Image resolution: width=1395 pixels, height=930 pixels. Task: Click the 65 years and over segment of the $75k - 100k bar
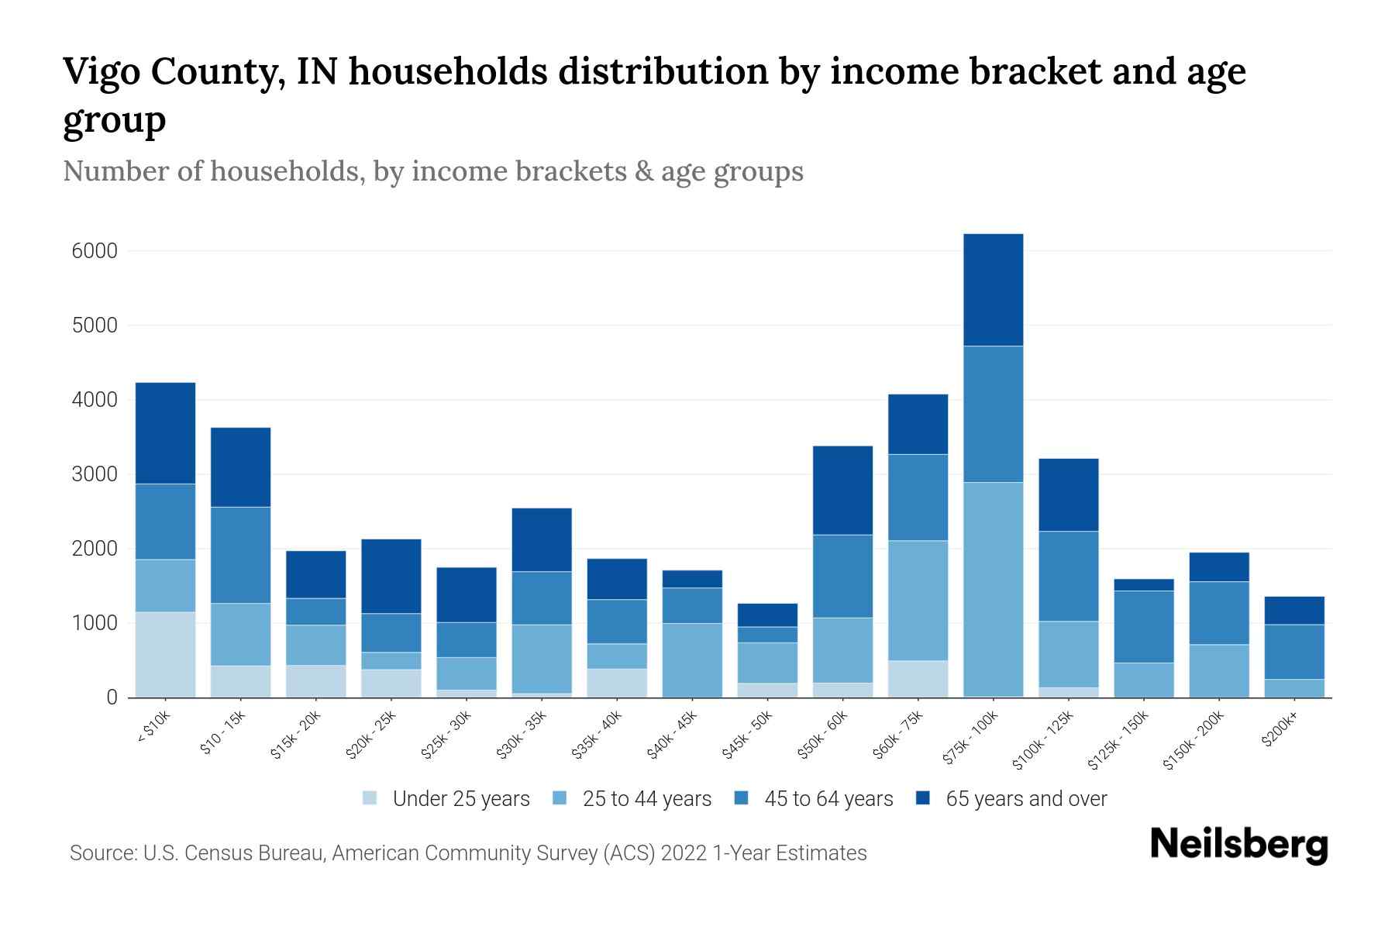pyautogui.click(x=993, y=290)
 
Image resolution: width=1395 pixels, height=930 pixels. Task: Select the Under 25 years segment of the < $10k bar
pyautogui.click(x=165, y=655)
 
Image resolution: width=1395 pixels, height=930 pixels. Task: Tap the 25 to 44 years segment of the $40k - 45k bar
pyautogui.click(x=692, y=660)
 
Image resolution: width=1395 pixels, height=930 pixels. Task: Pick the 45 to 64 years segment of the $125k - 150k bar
pyautogui.click(x=1143, y=627)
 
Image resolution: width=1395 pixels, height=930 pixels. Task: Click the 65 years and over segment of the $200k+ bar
pyautogui.click(x=1294, y=611)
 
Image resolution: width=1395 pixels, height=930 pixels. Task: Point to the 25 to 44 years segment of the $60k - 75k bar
pyautogui.click(x=918, y=601)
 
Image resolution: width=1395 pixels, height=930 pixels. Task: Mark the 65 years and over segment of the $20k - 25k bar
pyautogui.click(x=391, y=577)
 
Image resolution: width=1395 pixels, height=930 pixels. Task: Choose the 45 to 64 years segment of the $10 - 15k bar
pyautogui.click(x=241, y=556)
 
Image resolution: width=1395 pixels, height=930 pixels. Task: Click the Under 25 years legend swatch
pyautogui.click(x=370, y=798)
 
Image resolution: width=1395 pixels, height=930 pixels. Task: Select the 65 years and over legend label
pyautogui.click(x=1026, y=799)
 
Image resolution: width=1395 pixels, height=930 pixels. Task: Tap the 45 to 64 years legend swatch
pyautogui.click(x=742, y=798)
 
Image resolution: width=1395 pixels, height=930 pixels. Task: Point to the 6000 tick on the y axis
pyautogui.click(x=95, y=251)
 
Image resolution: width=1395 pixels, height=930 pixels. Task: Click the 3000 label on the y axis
pyautogui.click(x=95, y=474)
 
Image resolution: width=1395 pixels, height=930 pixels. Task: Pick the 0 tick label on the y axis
pyautogui.click(x=112, y=697)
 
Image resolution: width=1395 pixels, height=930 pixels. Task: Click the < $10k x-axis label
pyautogui.click(x=153, y=727)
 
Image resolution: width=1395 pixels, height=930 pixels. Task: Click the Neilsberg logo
pyautogui.click(x=1239, y=845)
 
